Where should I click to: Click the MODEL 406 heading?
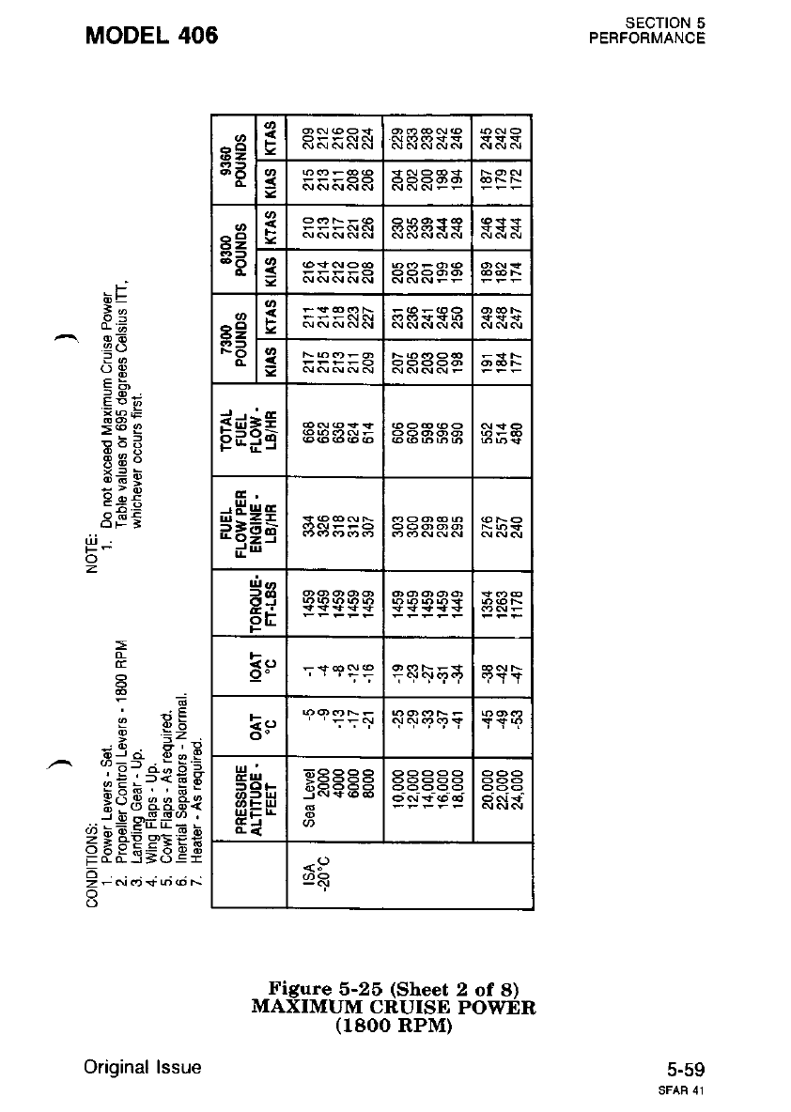point(151,36)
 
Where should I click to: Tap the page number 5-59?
point(686,1069)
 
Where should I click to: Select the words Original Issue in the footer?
point(141,1068)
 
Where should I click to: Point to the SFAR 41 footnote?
point(685,1091)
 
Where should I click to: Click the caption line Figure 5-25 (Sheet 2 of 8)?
point(394,989)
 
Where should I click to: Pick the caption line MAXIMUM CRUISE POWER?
point(394,1008)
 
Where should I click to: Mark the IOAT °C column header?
point(252,667)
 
